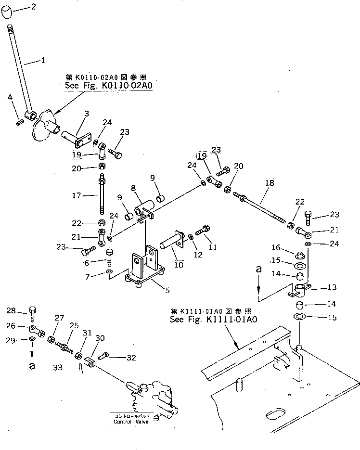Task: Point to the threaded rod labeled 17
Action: click(103, 196)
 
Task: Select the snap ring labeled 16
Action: click(299, 255)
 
